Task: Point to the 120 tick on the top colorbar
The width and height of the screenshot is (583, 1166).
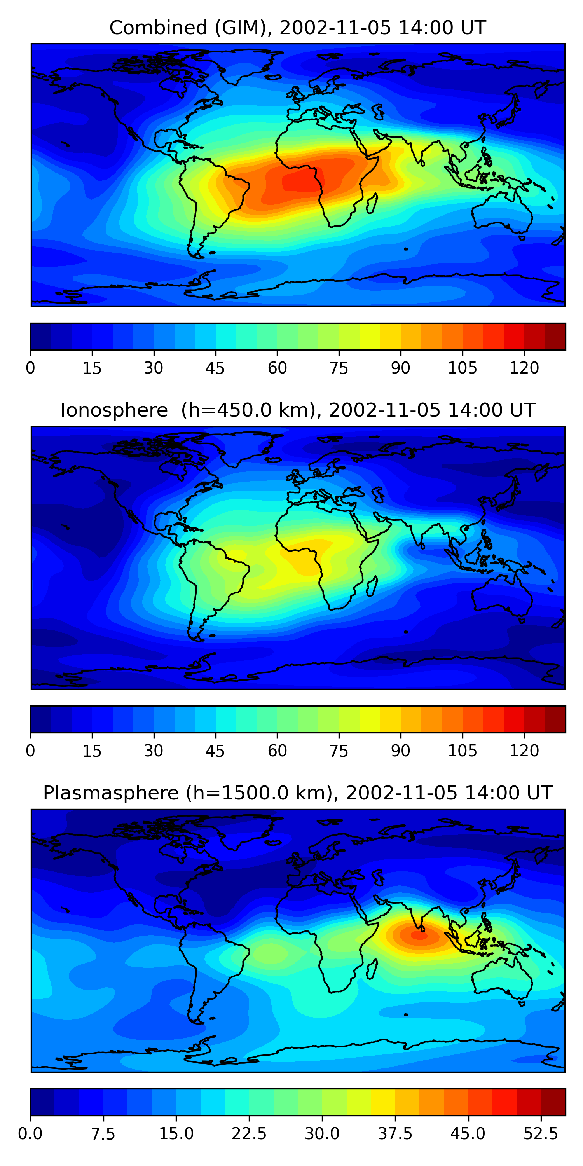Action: pos(524,368)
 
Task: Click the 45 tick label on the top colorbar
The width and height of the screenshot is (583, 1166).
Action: pos(215,368)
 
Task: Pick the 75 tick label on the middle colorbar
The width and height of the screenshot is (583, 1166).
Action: pos(339,751)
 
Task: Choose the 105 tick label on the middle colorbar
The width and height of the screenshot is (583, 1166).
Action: pos(462,751)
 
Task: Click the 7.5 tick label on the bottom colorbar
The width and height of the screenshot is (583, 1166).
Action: pos(103,1133)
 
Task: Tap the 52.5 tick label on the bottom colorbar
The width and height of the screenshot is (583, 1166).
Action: pos(541,1133)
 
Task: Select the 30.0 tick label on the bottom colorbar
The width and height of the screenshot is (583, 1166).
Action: pos(322,1133)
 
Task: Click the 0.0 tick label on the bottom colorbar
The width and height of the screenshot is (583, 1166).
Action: pos(30,1133)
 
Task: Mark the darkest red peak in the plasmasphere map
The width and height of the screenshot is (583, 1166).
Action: pos(419,935)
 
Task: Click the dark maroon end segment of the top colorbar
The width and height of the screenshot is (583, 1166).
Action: pos(555,336)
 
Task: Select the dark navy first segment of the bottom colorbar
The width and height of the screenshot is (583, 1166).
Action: pos(42,1102)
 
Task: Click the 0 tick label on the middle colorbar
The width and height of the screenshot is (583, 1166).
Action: pos(30,751)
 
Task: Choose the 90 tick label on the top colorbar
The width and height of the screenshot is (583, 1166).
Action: pos(401,368)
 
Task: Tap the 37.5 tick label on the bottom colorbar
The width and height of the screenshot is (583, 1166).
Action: pos(395,1133)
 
